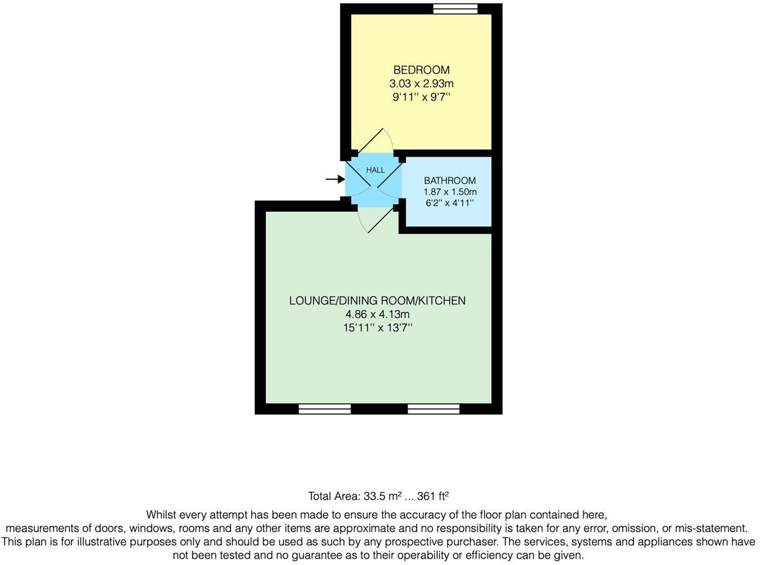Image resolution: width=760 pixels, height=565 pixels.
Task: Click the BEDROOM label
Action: point(421,70)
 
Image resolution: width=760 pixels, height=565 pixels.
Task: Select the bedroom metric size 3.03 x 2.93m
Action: point(421,83)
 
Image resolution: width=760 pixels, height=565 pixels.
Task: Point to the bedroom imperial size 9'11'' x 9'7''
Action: point(421,97)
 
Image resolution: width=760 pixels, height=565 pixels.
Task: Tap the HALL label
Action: point(376,170)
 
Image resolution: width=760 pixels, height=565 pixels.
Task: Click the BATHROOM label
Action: point(449,181)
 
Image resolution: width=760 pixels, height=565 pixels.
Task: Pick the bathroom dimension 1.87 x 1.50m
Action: point(449,192)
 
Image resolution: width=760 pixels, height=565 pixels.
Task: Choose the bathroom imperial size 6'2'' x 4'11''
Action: point(449,203)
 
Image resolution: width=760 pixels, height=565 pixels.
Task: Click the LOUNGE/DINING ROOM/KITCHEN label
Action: point(377,300)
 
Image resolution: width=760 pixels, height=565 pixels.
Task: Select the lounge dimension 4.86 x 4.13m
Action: point(377,315)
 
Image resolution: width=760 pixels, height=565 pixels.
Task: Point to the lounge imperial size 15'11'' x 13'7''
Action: point(377,328)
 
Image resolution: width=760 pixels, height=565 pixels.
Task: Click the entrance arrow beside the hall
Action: point(335,179)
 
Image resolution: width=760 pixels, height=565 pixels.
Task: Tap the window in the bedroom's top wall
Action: point(455,8)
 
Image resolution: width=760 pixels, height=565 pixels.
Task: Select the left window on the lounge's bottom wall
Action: point(325,409)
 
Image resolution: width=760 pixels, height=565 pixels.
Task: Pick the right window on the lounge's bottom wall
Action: point(433,409)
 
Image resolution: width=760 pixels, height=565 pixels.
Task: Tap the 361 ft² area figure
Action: point(433,496)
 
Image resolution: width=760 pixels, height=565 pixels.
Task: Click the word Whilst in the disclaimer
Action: point(162,515)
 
